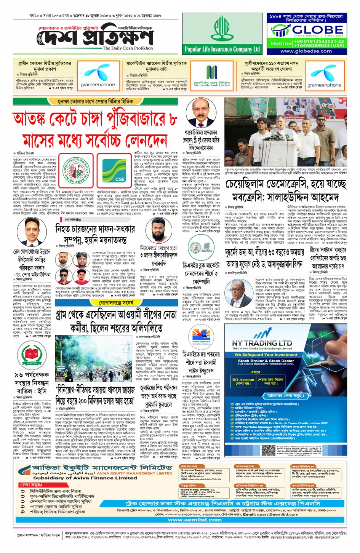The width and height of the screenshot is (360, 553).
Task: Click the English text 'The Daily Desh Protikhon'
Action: point(128,48)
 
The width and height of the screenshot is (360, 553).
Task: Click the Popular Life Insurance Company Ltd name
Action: point(222,49)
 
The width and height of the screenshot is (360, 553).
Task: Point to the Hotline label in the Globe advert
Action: point(281,43)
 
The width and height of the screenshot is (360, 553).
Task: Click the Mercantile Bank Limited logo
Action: point(212,76)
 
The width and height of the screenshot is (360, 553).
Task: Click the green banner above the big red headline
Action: point(95,101)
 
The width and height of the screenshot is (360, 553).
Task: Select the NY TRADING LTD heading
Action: point(262,343)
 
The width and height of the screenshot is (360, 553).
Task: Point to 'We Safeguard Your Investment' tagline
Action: point(266,355)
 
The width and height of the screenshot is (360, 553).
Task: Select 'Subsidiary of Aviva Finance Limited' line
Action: point(85,478)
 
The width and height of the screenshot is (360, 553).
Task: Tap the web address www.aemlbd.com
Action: point(195,519)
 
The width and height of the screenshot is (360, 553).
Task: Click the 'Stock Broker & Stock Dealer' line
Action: point(266,361)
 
